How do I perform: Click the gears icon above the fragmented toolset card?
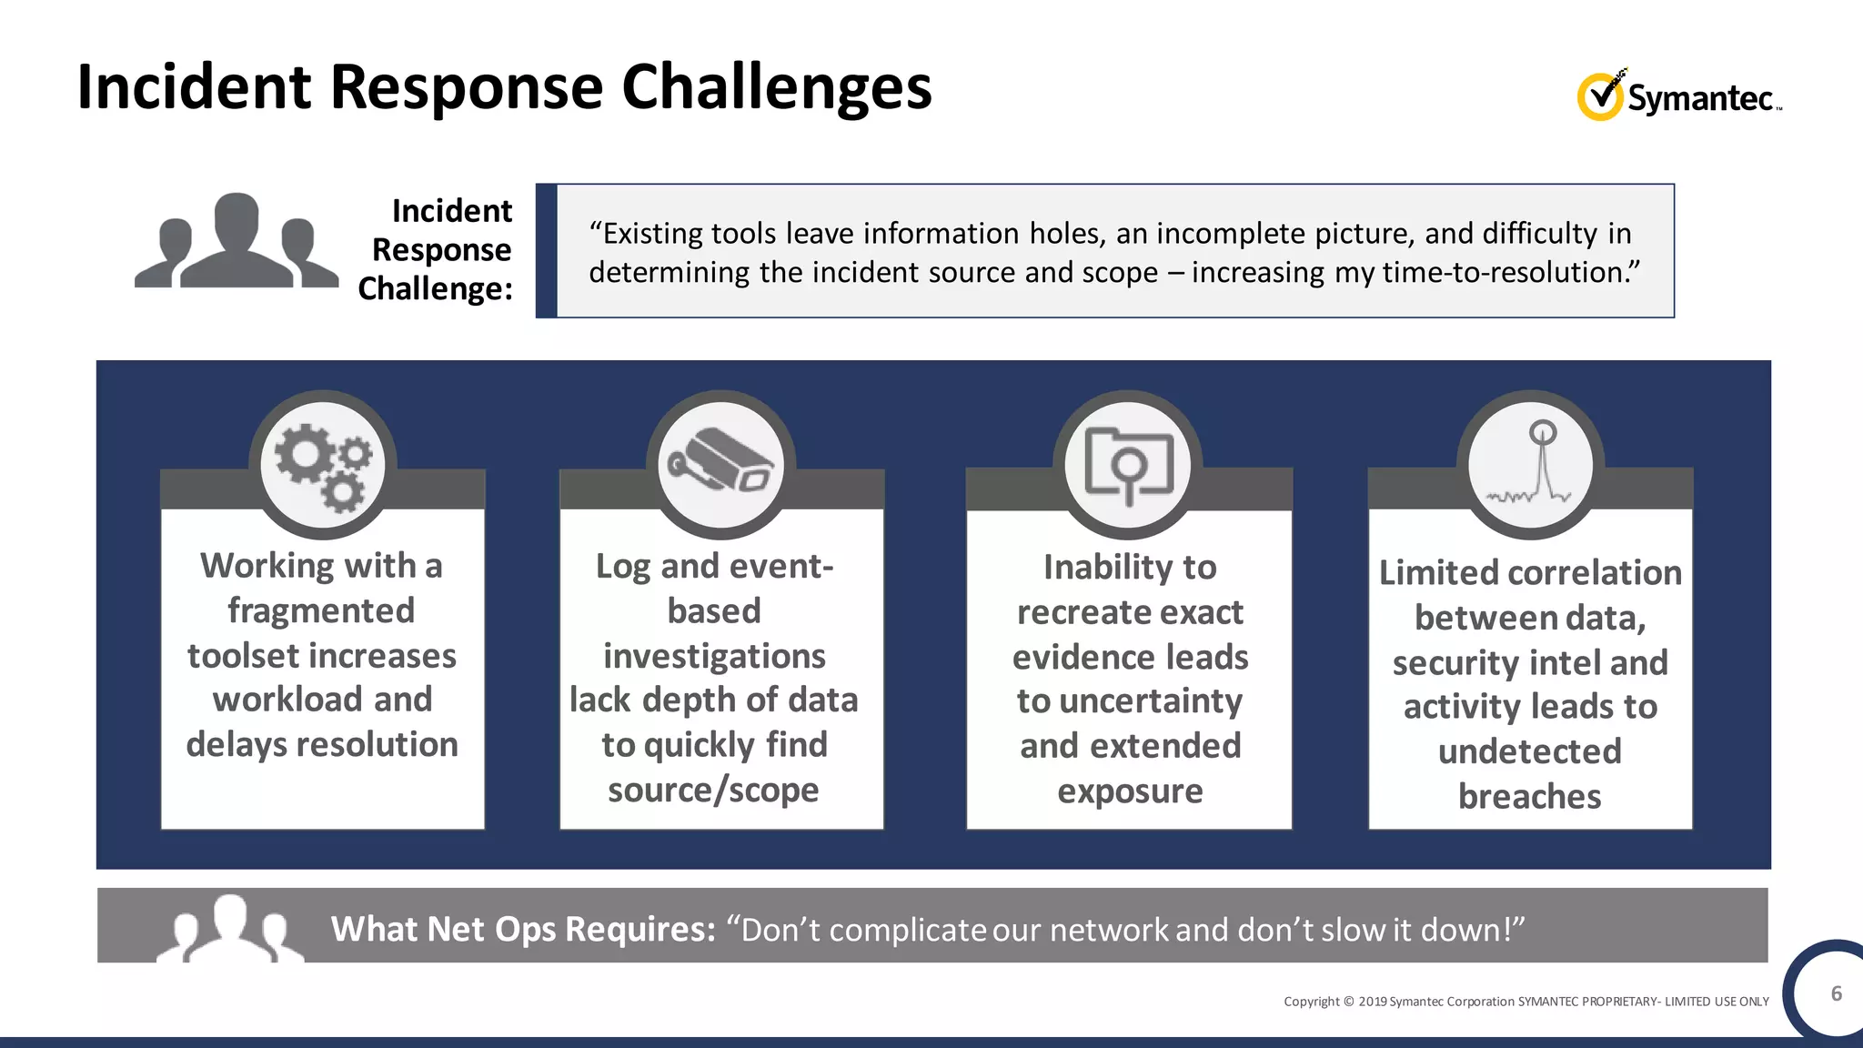(323, 465)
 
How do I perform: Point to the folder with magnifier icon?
(1128, 465)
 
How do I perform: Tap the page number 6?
(1836, 993)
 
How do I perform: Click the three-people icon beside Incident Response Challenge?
(237, 242)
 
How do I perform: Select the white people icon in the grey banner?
(229, 929)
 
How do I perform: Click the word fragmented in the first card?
(321, 610)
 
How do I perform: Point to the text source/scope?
(713, 790)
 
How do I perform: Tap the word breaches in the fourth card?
(1529, 796)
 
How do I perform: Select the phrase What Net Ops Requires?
(523, 929)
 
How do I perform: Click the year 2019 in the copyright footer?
(1372, 1002)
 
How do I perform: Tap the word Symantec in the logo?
(1699, 98)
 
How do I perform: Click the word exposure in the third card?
(1130, 791)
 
